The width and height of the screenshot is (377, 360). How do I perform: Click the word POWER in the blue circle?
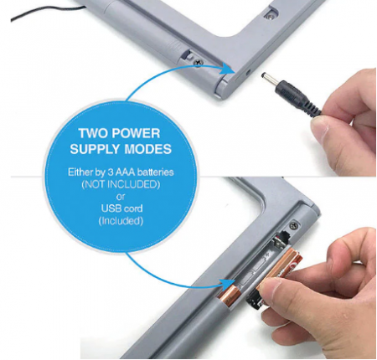(x=136, y=133)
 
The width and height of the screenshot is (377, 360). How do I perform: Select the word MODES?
(x=147, y=149)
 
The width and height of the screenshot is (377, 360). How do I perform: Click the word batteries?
(x=156, y=172)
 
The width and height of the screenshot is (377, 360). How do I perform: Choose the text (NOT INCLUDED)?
(x=121, y=184)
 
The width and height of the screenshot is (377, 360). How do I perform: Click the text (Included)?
(x=121, y=221)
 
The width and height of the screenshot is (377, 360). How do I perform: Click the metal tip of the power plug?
(x=269, y=78)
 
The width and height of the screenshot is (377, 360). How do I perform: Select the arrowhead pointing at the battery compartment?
(x=226, y=284)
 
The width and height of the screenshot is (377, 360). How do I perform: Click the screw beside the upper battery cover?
(x=199, y=63)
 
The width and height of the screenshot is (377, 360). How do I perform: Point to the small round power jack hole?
(x=247, y=73)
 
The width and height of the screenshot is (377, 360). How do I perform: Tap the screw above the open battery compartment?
(x=293, y=224)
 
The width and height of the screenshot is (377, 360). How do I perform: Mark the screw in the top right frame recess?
(x=269, y=16)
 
